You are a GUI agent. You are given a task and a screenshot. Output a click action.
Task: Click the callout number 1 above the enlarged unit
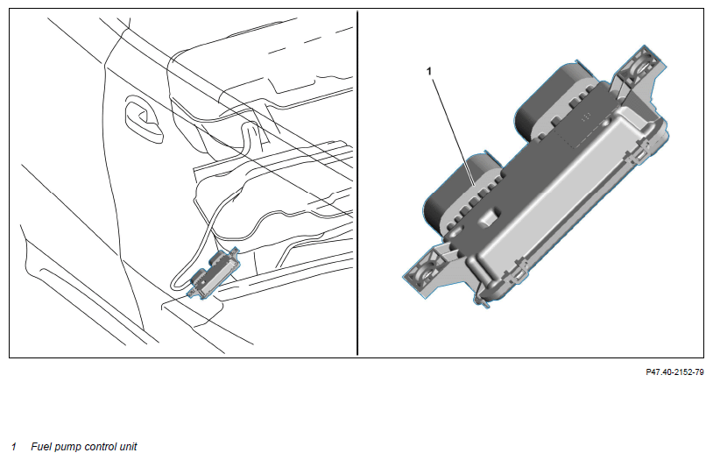[x=429, y=72]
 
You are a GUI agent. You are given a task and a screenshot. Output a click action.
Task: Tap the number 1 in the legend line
[x=14, y=447]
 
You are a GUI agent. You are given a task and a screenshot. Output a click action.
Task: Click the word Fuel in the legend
[x=41, y=447]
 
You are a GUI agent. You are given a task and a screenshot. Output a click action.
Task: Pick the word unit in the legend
[x=128, y=447]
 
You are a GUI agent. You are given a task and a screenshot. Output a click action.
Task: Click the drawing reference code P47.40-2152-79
[x=674, y=372]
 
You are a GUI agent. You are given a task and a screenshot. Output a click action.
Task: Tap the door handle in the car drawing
[x=144, y=119]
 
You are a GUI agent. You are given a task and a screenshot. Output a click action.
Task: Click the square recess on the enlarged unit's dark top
[x=489, y=217]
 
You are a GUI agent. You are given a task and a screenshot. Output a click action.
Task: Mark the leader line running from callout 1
[x=453, y=132]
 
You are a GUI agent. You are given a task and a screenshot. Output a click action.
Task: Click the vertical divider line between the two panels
[x=357, y=183]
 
